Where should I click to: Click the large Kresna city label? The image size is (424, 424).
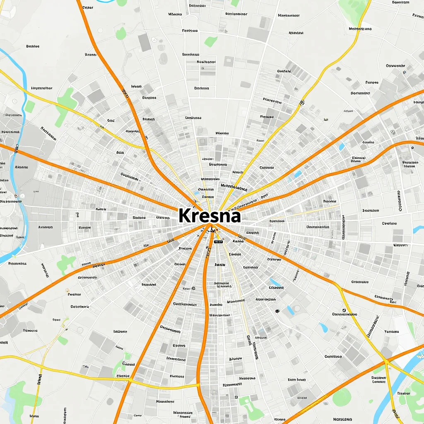[x=210, y=216]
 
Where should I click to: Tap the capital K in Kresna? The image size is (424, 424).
[x=185, y=216]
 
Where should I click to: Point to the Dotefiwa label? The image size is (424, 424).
[x=79, y=307]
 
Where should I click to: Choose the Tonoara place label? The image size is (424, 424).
[x=391, y=331]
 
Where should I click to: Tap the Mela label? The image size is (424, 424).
[x=34, y=415]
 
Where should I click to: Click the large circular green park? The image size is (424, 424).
[x=342, y=397]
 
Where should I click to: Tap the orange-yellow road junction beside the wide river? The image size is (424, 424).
[x=386, y=361]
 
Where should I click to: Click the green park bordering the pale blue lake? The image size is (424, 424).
[x=21, y=393]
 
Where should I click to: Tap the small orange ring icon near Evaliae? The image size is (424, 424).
[x=67, y=291]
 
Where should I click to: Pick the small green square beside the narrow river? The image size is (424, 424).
[x=30, y=106]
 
